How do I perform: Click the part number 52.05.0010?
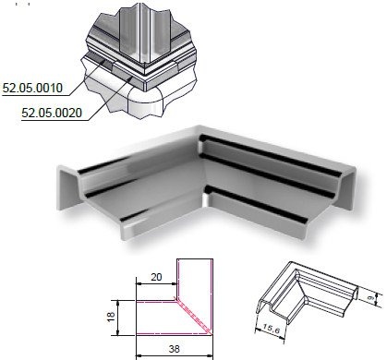[32, 88]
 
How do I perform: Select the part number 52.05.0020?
[52, 113]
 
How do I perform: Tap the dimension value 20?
[156, 277]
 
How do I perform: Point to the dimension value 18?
[111, 317]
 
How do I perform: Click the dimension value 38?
[174, 349]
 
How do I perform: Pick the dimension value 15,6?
[272, 329]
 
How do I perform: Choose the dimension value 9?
[370, 298]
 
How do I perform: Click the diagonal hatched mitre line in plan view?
[194, 316]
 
